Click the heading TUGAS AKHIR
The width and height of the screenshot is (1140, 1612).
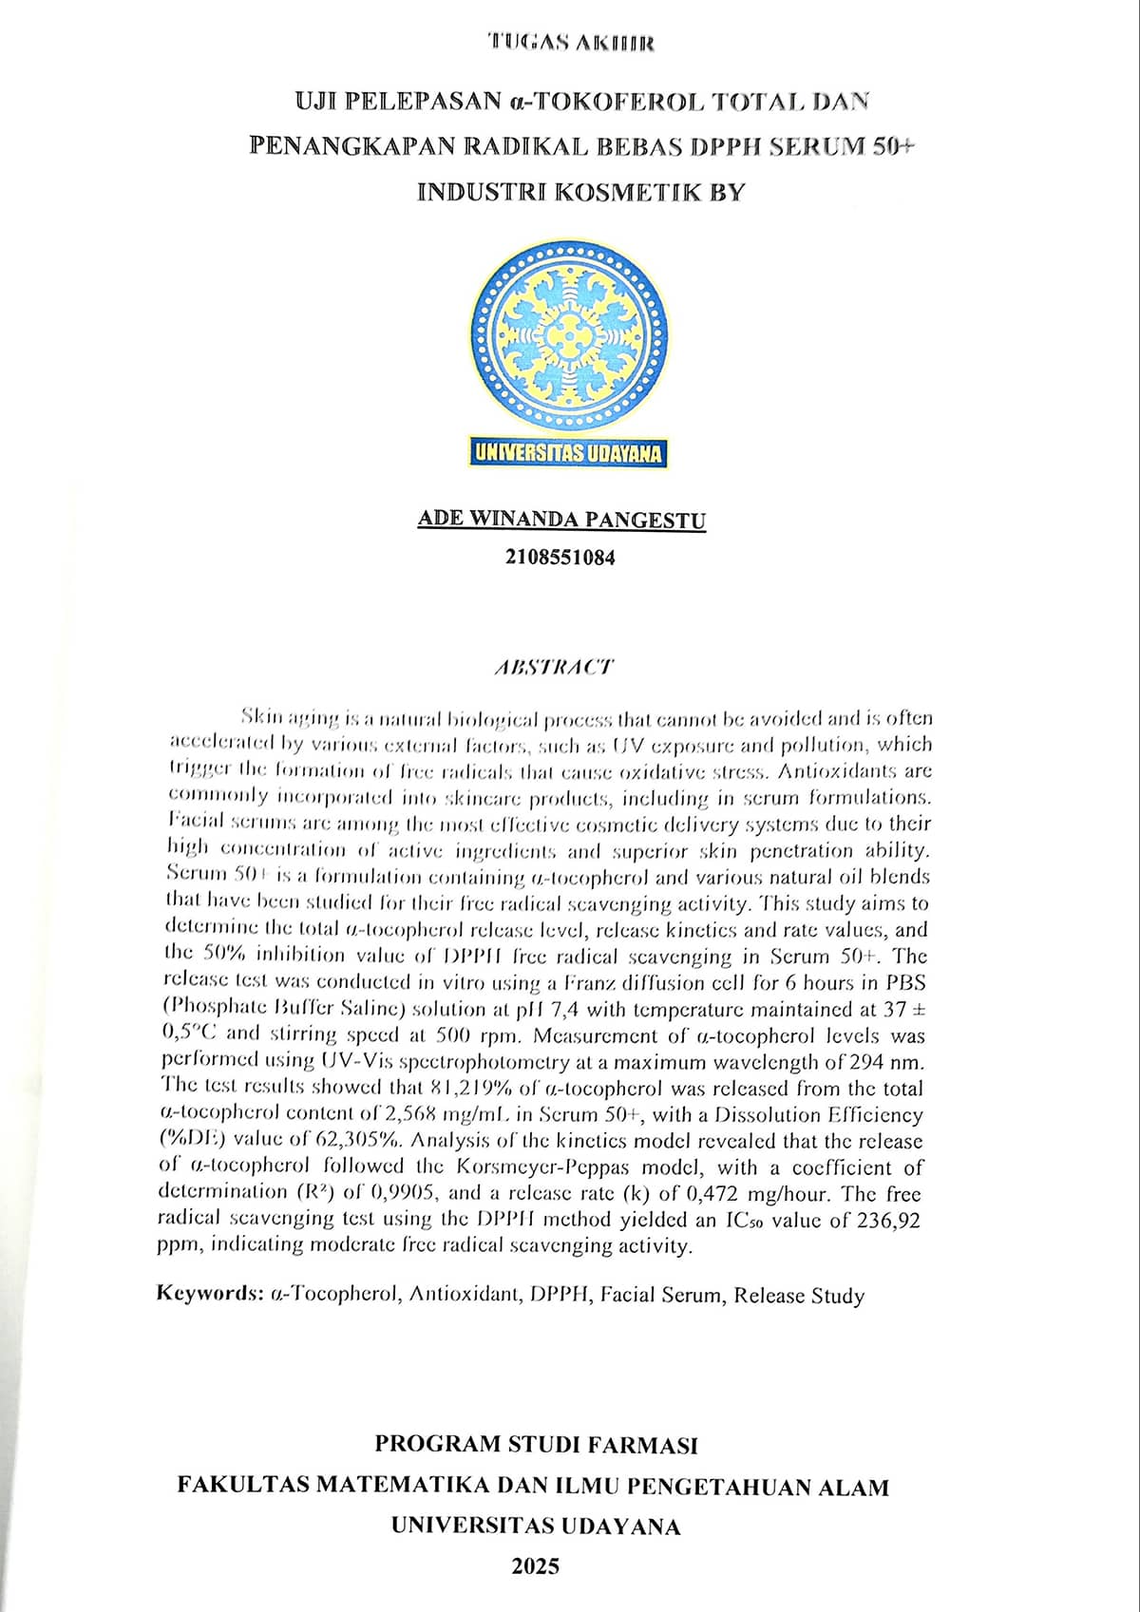(570, 42)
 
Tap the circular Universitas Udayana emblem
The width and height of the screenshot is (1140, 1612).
(569, 338)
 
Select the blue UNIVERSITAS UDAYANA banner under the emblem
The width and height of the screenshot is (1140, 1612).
(569, 452)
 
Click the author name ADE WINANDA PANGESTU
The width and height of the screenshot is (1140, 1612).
(561, 520)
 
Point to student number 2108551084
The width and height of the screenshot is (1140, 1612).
(560, 558)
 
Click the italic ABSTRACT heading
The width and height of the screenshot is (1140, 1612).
(554, 667)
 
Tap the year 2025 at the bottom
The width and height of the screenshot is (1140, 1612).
(535, 1566)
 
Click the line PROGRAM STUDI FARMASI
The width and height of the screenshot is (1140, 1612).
(536, 1445)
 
